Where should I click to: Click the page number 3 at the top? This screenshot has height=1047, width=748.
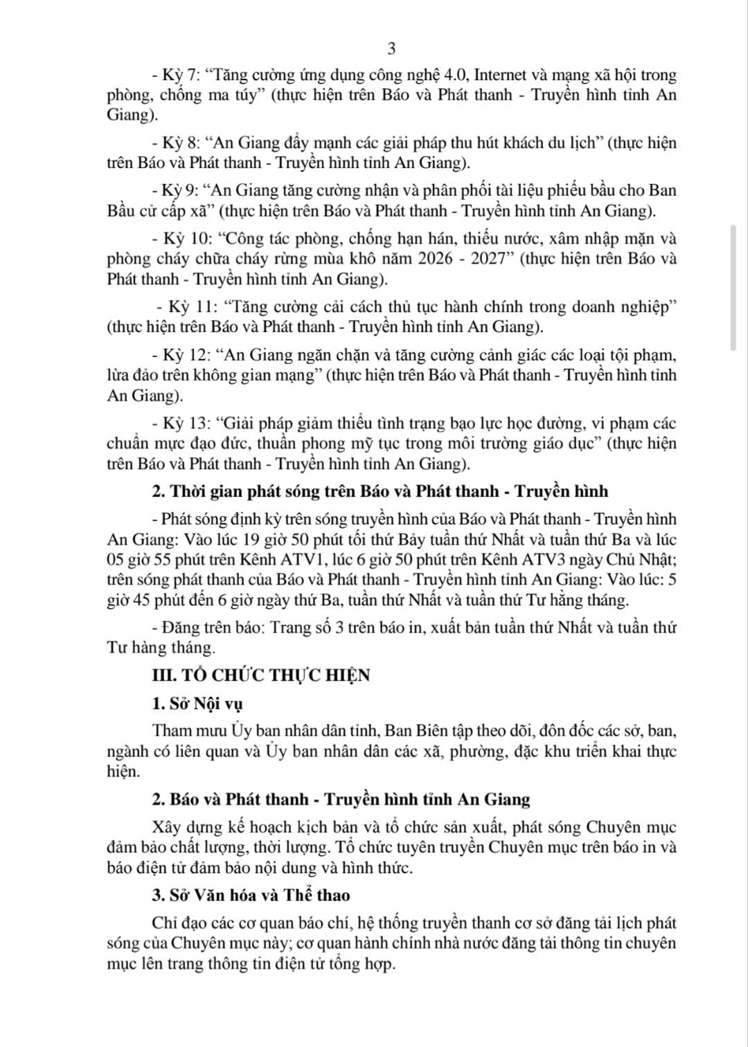click(x=391, y=49)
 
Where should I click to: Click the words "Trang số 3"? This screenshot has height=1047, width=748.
click(x=302, y=628)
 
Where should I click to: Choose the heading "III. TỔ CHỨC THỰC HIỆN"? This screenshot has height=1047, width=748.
click(x=261, y=675)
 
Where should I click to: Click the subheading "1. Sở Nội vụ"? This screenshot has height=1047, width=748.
click(x=197, y=704)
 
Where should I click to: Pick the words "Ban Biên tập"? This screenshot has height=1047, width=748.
click(x=427, y=731)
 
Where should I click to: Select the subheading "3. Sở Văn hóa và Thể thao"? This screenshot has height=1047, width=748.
click(x=251, y=895)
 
